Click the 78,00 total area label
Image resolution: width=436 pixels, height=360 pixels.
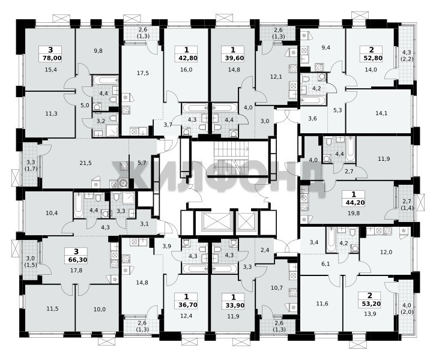point(52,58)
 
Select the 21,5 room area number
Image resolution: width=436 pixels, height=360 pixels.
point(85,163)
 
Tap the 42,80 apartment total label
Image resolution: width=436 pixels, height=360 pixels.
point(186,58)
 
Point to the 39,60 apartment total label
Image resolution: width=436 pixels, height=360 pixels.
point(233,58)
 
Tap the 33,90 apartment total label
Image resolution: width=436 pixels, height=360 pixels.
point(233,305)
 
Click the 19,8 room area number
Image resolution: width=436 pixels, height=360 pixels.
point(353,214)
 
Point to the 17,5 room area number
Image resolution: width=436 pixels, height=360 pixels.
point(143,73)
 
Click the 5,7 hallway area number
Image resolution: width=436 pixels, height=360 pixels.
point(142,163)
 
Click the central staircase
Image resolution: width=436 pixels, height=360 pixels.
point(231,158)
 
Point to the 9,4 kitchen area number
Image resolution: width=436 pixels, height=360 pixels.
point(325,47)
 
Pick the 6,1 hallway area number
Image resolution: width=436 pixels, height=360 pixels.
point(325,264)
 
